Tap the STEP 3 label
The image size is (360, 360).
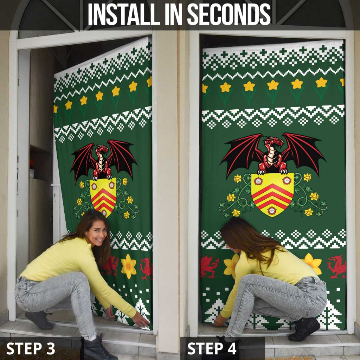(31, 348)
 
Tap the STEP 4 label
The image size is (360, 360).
(212, 348)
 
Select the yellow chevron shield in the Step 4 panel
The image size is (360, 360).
(272, 194)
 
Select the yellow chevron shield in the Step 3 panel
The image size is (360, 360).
(103, 197)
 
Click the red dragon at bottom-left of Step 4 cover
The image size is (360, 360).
(209, 266)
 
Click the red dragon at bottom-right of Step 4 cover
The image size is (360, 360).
(336, 266)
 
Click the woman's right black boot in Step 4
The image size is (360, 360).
(304, 329)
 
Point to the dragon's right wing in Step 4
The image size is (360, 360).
(306, 151)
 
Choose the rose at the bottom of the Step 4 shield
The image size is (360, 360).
(272, 210)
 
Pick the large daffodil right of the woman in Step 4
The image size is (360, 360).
(313, 264)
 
